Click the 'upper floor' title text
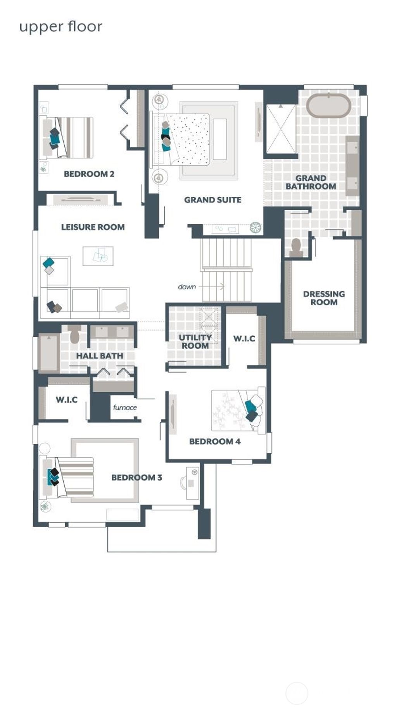point(61,27)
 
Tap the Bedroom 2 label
point(89,174)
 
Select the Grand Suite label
point(212,200)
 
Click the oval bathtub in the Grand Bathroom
point(329,105)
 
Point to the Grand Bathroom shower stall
point(281,129)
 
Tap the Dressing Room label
point(324,298)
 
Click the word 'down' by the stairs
point(187,287)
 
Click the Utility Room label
point(195,341)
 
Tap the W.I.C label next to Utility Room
point(244,338)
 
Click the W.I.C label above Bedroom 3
point(67,400)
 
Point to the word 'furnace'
point(125,407)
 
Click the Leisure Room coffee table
point(98,256)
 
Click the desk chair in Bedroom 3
point(183,482)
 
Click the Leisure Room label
point(93,227)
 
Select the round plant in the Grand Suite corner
point(255,227)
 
